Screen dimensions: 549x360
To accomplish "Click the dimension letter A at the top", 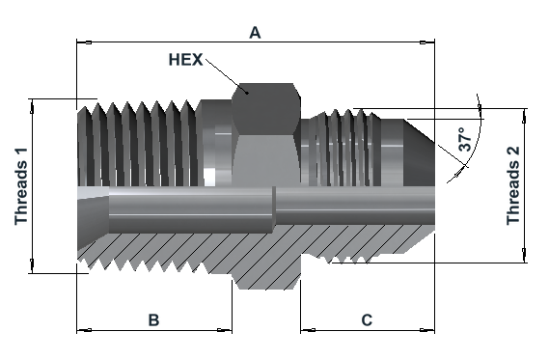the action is click(x=255, y=33).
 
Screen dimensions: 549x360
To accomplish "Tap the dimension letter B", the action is click(x=153, y=319).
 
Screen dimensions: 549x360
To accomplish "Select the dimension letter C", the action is click(x=367, y=319).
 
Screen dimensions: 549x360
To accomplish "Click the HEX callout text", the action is click(x=185, y=60).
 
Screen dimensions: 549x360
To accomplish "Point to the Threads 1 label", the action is click(x=21, y=186).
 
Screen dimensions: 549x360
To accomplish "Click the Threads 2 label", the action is click(x=513, y=185).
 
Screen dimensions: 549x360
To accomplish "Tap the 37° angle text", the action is click(x=465, y=139).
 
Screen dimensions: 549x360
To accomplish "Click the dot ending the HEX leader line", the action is click(x=247, y=93).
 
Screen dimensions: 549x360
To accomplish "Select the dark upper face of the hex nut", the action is click(x=266, y=108).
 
